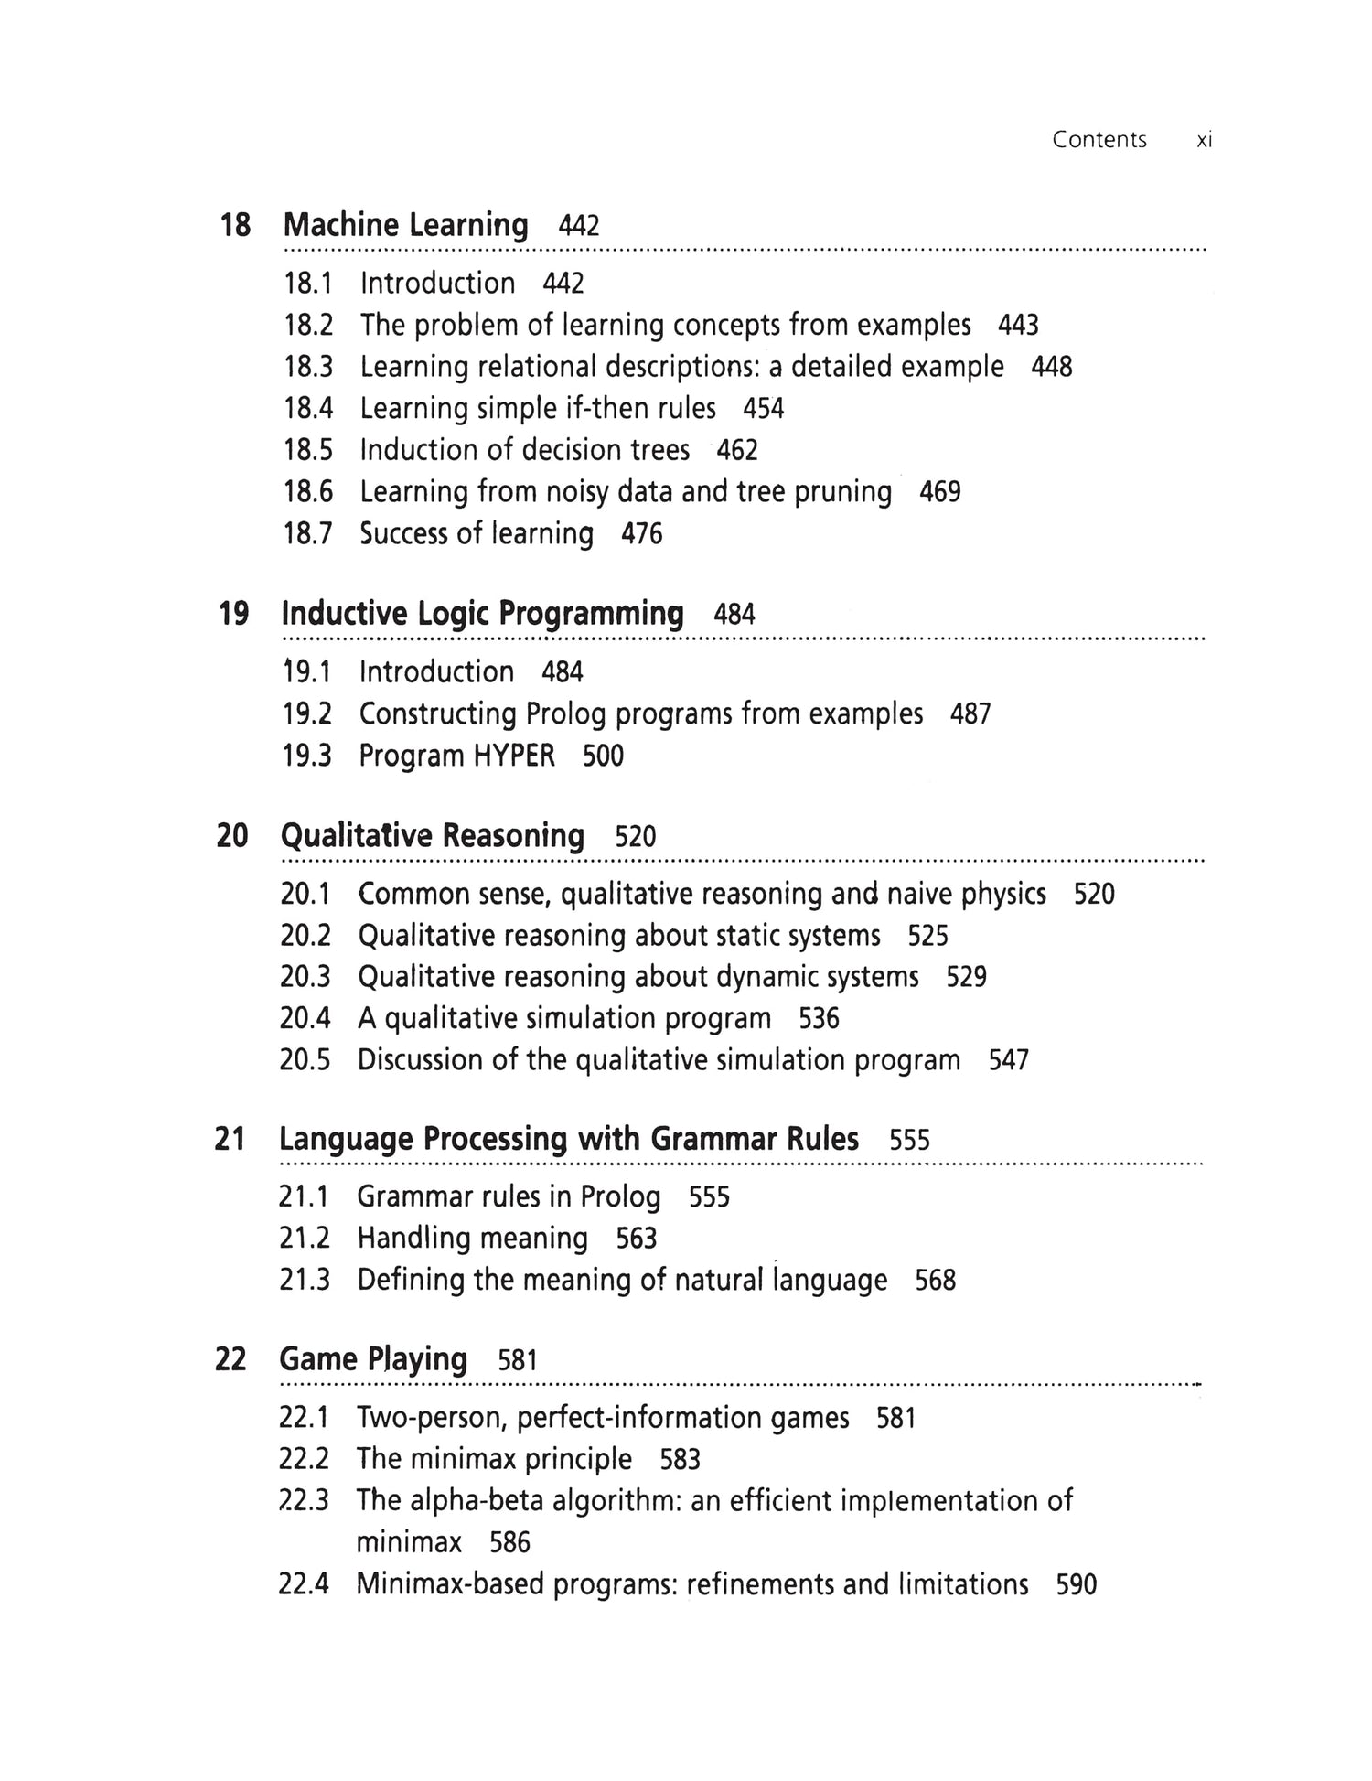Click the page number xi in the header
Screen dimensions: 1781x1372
click(1204, 140)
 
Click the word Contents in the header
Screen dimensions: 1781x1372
click(1099, 140)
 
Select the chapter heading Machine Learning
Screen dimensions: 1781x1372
click(405, 225)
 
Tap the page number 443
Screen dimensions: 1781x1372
click(1018, 326)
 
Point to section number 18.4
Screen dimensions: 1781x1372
click(308, 409)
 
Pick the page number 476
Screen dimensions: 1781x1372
click(641, 534)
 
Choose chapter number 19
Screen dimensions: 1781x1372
click(233, 614)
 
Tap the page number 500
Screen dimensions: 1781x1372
click(603, 756)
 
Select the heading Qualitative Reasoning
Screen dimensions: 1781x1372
click(432, 836)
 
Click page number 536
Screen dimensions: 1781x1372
click(819, 1019)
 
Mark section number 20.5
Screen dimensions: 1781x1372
click(305, 1061)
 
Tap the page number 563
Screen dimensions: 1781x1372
click(636, 1239)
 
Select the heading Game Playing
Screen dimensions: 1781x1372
click(373, 1359)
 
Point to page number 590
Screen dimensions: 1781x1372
click(1076, 1585)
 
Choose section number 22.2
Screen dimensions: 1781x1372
click(304, 1460)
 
